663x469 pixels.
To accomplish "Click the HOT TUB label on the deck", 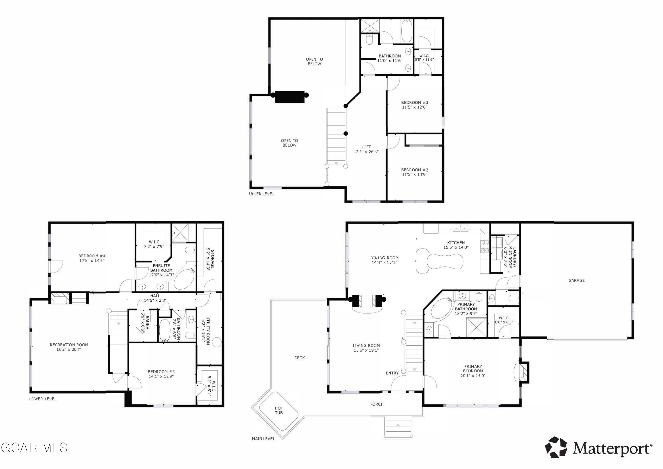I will (x=279, y=410).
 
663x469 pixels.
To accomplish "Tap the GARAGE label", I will (x=576, y=280).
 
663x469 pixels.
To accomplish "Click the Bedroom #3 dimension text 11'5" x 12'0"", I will (x=414, y=107).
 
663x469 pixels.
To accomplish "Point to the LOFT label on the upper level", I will (x=366, y=147).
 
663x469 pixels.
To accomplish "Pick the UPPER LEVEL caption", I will (x=262, y=194).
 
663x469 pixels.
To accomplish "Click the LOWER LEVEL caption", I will (x=43, y=399).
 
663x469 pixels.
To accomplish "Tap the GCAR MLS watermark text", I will (x=34, y=448).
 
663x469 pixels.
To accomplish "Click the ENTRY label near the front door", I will (x=392, y=373).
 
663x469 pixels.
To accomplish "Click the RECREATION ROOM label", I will (x=69, y=345).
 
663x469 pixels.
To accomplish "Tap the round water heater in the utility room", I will (x=217, y=343).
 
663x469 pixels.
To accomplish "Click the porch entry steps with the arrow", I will (x=398, y=427).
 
